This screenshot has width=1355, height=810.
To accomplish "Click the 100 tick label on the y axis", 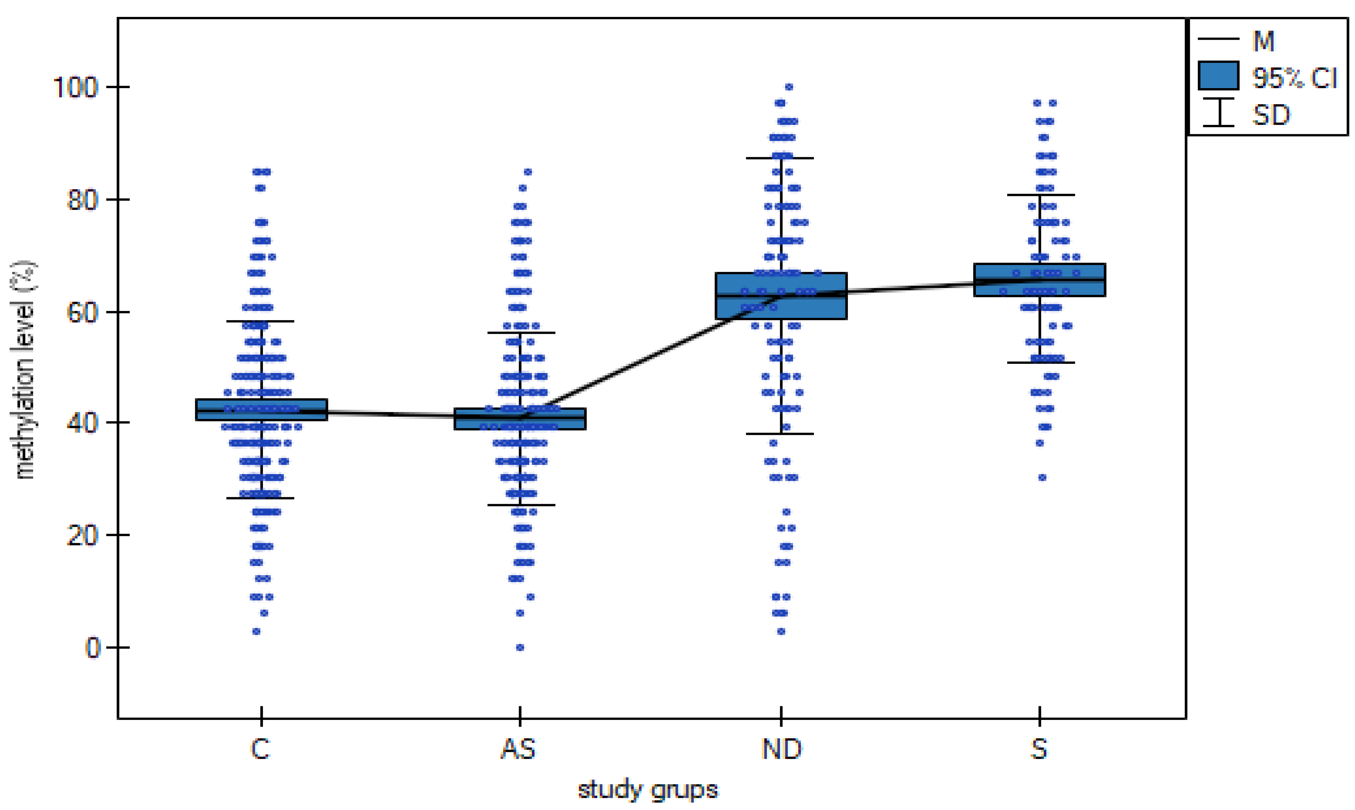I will click(x=75, y=87).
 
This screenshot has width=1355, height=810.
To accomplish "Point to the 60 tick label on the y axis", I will click(x=82, y=313).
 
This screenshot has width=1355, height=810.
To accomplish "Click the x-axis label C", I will click(x=260, y=749).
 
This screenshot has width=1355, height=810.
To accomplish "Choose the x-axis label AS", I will click(x=519, y=749).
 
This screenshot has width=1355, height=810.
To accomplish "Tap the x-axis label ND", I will click(x=782, y=749).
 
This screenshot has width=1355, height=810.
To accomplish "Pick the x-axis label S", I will click(x=1039, y=749).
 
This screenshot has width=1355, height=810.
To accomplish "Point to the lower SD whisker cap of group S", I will click(x=1040, y=362).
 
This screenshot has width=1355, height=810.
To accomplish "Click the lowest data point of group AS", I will click(x=520, y=647).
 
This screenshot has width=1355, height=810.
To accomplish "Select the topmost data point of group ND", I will click(x=789, y=87).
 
